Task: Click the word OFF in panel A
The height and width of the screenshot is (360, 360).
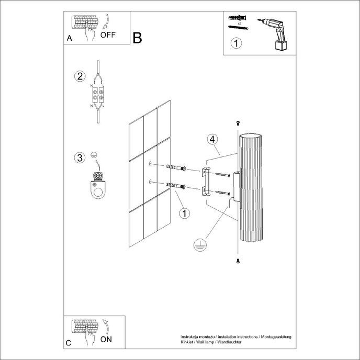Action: tap(108, 36)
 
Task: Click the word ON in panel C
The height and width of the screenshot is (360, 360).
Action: tap(106, 339)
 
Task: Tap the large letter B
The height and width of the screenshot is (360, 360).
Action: tap(137, 38)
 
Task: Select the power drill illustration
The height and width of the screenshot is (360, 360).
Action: tap(275, 33)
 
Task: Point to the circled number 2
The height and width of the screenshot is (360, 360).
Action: tap(80, 76)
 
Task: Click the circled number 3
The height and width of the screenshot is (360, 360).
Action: tap(80, 157)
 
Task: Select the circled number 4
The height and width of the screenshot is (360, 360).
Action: tap(212, 139)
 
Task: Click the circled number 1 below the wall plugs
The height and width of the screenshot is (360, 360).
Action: tap(184, 213)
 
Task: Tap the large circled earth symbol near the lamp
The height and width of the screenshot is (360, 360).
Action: tap(199, 244)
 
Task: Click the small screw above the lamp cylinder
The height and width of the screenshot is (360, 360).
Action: tap(238, 122)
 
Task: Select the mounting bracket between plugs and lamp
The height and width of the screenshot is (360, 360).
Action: tap(205, 181)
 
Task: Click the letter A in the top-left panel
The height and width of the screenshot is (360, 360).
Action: tap(70, 39)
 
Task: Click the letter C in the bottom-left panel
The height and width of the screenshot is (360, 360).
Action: tap(70, 343)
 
